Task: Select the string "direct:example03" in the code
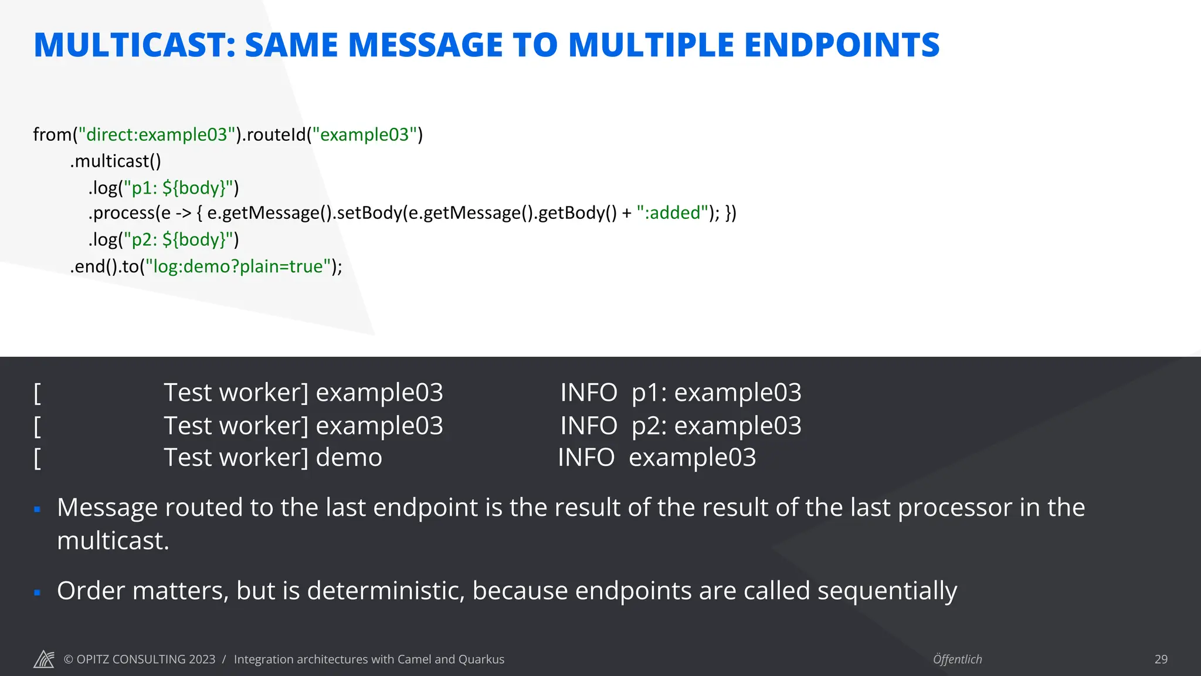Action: click(x=157, y=134)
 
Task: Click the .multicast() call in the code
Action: click(x=116, y=161)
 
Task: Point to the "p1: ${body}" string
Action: click(x=178, y=188)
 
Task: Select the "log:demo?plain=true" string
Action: click(x=238, y=266)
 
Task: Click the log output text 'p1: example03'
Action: click(x=716, y=393)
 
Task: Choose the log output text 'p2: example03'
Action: click(x=716, y=425)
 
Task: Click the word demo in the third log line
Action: click(x=349, y=458)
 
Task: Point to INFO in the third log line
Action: click(x=586, y=458)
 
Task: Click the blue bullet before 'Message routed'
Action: click(x=37, y=509)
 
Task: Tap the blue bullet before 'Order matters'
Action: click(x=37, y=593)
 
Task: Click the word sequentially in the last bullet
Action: click(x=887, y=590)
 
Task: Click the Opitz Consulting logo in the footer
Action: click(x=44, y=659)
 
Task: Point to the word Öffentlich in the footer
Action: click(x=957, y=659)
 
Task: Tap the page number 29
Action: click(x=1161, y=659)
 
